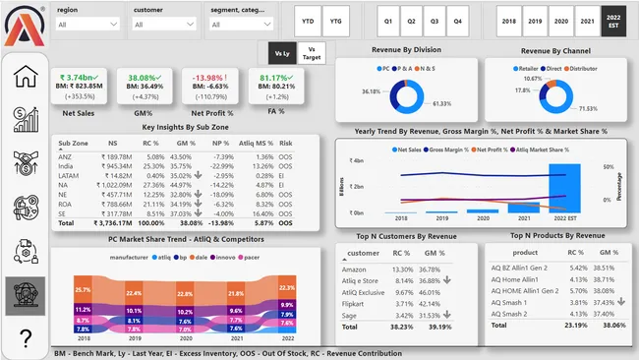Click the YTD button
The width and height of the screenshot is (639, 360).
coord(308,20)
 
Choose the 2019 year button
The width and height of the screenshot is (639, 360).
coord(535,20)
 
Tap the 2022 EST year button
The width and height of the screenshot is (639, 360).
coord(612,20)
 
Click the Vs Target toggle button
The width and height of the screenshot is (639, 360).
coord(312,52)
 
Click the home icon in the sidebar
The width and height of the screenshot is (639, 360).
coord(25,77)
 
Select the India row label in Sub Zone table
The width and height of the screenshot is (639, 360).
coord(67,167)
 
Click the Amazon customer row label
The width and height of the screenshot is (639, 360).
coord(354,269)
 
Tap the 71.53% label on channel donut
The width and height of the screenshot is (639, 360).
coord(588,108)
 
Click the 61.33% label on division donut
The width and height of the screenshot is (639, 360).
coord(439,103)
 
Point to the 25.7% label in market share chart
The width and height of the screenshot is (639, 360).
coord(83,290)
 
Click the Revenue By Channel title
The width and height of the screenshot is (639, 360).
coord(554,49)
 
